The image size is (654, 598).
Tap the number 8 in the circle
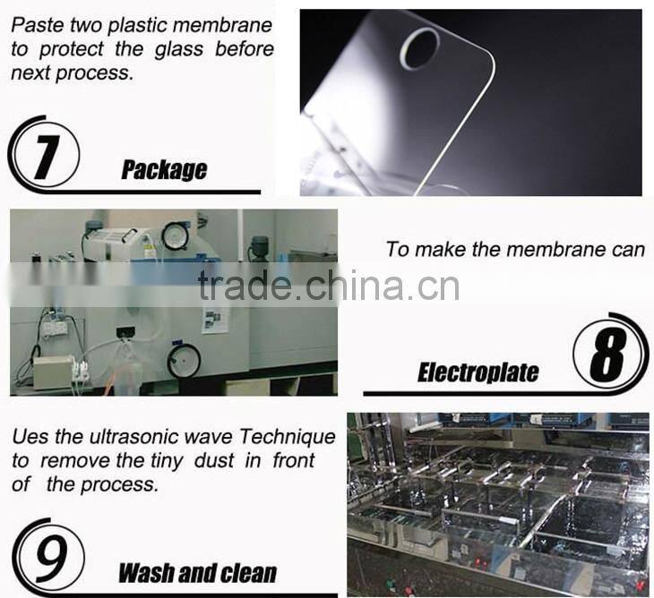(x=609, y=356)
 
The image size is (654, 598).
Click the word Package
(x=164, y=170)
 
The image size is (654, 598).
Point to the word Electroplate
(x=478, y=372)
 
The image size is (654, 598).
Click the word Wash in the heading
(x=150, y=573)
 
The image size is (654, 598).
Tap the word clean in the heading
(x=242, y=573)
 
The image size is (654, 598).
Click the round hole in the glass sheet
(x=419, y=47)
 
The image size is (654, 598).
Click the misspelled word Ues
(x=30, y=437)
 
